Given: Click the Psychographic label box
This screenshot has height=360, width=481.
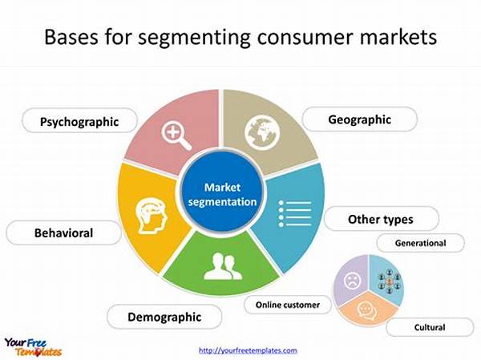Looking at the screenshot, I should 80,122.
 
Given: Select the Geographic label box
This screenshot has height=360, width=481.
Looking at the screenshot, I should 359,119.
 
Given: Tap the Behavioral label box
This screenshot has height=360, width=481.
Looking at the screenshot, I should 63,233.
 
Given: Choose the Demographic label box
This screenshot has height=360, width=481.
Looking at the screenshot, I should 164,317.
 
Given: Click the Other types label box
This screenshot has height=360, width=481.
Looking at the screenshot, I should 380,219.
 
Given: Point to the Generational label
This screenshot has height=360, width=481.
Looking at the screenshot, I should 420,242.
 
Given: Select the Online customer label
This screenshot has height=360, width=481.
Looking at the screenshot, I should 287,305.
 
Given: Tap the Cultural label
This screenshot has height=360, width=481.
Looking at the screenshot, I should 430,327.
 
